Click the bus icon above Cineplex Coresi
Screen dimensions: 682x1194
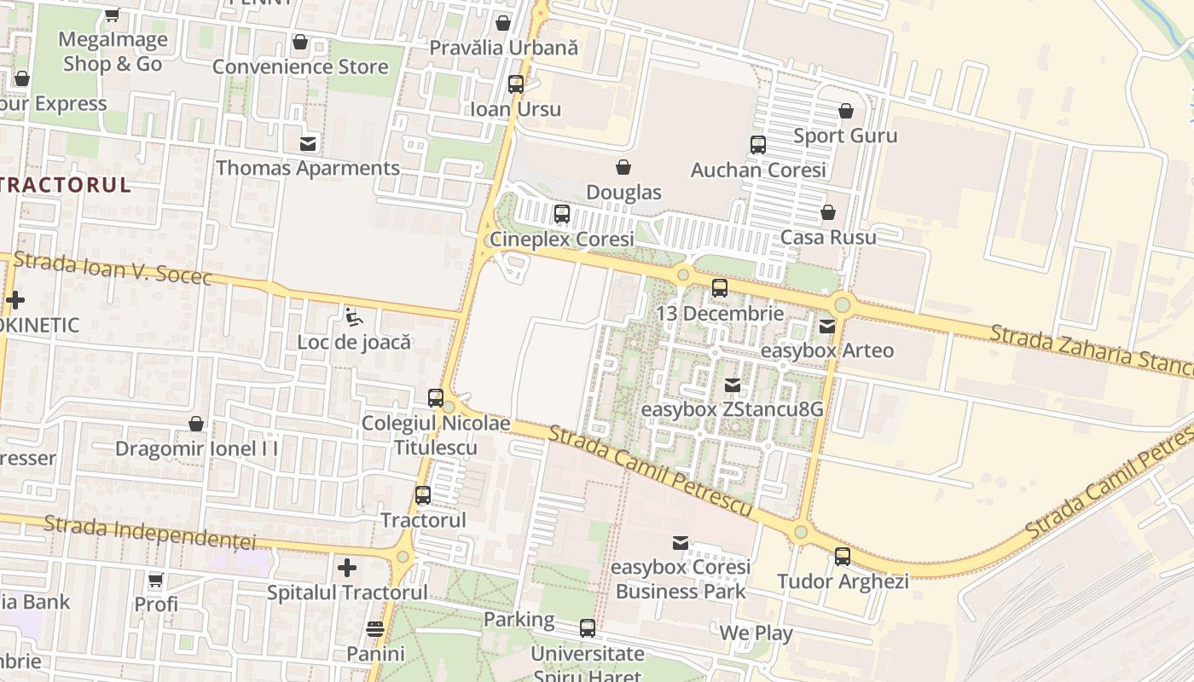click(561, 214)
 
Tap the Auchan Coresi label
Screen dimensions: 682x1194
click(758, 170)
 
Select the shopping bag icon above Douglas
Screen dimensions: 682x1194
click(623, 166)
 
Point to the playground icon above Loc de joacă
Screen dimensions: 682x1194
click(353, 317)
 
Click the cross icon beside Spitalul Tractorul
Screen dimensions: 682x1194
click(346, 568)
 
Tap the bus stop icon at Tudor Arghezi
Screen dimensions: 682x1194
click(843, 557)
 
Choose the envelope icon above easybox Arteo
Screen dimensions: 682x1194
click(826, 326)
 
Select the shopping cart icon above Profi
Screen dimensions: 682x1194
click(155, 581)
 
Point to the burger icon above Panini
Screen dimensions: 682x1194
click(375, 629)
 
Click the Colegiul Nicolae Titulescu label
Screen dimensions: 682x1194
click(436, 435)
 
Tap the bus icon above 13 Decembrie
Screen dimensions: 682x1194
click(720, 288)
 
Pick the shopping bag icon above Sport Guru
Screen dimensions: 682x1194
click(845, 112)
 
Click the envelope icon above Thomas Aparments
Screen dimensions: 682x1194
click(308, 143)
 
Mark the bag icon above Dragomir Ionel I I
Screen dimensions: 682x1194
click(196, 424)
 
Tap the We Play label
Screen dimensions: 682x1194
click(756, 633)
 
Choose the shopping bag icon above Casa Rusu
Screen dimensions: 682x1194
click(827, 212)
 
